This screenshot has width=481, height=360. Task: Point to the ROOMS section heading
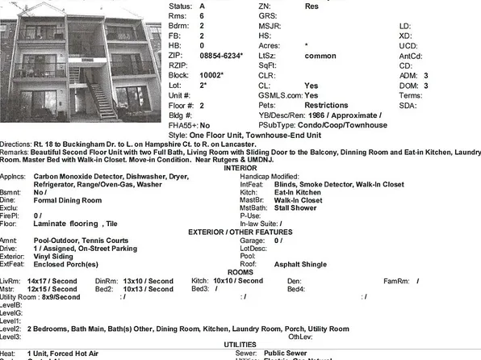pos(240,272)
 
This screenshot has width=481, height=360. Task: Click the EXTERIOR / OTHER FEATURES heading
pos(240,232)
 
